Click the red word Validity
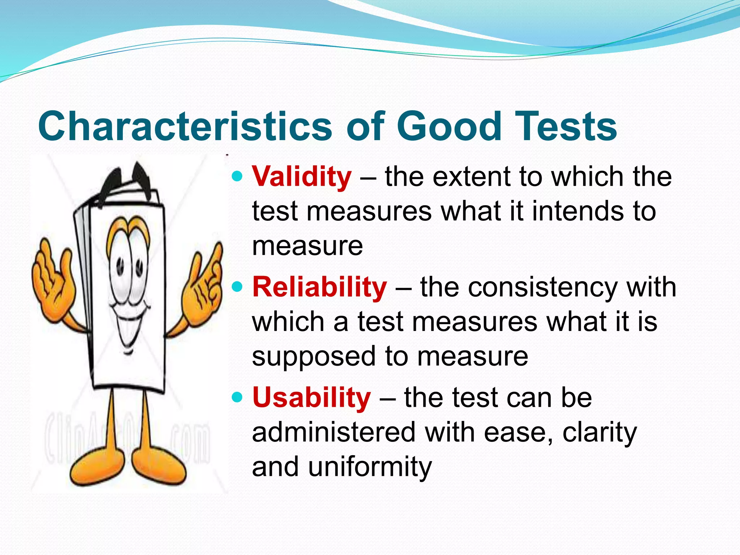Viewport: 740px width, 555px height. point(301,177)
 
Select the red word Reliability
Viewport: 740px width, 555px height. point(319,288)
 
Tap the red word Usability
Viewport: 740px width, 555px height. point(311,398)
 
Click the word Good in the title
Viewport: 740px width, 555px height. point(449,126)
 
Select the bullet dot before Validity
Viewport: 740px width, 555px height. point(237,177)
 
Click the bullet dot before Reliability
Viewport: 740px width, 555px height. point(237,287)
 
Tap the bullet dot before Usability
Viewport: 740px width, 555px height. point(237,397)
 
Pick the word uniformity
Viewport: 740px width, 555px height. point(370,467)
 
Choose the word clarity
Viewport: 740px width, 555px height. point(599,433)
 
